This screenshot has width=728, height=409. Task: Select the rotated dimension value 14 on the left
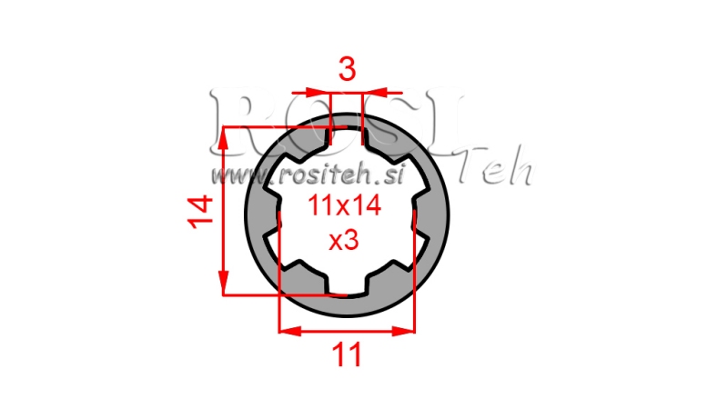(202, 211)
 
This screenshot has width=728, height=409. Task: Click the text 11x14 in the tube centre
(343, 206)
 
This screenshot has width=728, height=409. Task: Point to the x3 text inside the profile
(343, 241)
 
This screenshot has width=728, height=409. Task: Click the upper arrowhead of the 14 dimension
(224, 136)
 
